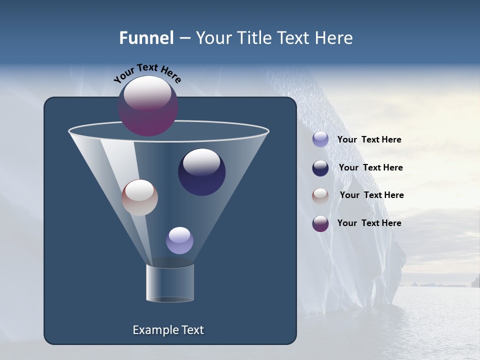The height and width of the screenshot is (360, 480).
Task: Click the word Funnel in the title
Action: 146,38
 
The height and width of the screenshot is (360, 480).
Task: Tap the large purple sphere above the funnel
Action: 148,106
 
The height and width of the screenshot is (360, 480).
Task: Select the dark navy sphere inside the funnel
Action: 202,172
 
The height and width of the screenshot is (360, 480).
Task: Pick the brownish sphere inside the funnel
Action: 140,197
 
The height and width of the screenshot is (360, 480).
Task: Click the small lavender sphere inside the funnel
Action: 180,240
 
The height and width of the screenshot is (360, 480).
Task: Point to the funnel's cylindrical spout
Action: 170,282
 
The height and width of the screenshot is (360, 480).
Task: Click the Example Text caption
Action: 168,330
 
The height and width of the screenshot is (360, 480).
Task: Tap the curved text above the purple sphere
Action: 147,72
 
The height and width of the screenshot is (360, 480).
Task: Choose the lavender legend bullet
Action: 320,139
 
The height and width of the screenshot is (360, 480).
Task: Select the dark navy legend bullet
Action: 320,168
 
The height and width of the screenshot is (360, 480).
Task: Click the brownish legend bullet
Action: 320,195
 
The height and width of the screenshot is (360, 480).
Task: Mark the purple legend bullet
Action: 320,223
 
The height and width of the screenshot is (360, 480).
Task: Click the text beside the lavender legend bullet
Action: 369,140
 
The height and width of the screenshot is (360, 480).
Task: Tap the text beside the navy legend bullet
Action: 370,167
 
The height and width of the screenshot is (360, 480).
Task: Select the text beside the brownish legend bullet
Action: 371,195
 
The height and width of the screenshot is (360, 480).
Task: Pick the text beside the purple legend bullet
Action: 369,223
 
